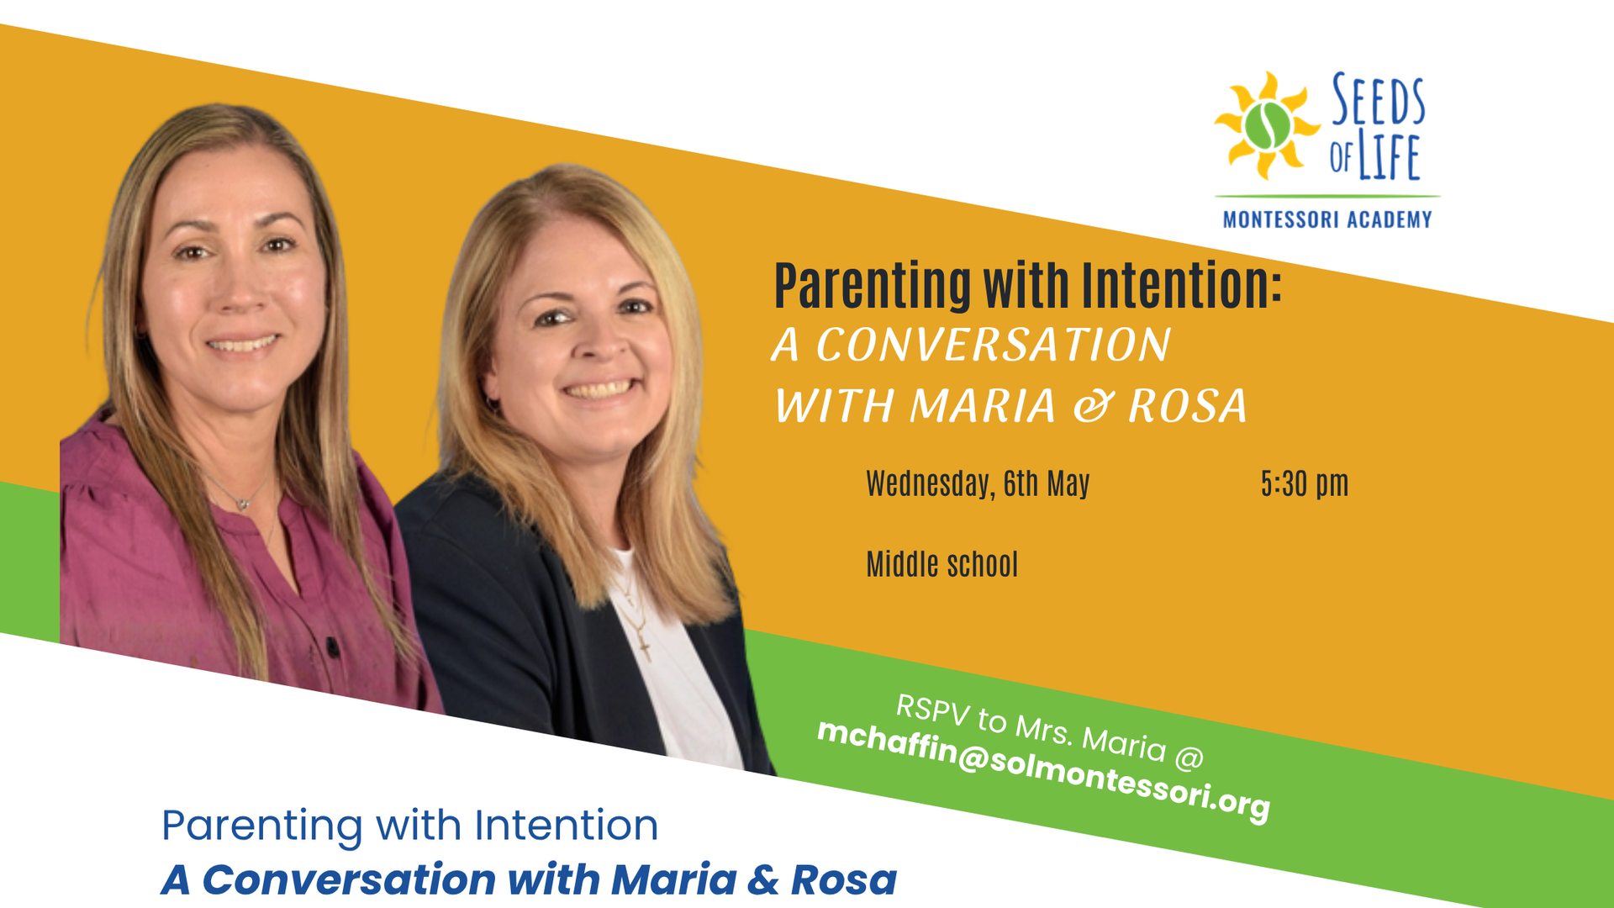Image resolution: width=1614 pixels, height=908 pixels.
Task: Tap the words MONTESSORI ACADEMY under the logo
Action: pos(1327,220)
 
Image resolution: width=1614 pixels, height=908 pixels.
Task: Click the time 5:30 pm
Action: pos(1304,484)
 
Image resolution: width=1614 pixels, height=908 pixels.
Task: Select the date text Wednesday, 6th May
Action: pos(978,484)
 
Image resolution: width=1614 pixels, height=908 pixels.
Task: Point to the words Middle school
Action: pos(941,565)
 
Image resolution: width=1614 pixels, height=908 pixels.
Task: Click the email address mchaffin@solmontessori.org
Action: pos(1043,769)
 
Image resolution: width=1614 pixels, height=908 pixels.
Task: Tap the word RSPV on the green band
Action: pos(932,709)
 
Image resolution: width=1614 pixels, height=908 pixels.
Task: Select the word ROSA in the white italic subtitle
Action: pos(1187,406)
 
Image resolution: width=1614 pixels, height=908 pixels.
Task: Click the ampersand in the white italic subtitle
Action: pos(1092,406)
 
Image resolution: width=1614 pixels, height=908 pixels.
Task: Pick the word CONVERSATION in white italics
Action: pos(993,345)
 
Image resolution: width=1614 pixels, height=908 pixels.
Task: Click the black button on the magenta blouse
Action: pos(333,647)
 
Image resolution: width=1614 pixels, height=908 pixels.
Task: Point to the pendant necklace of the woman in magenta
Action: pos(244,503)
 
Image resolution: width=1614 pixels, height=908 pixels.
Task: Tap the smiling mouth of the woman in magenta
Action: pos(242,344)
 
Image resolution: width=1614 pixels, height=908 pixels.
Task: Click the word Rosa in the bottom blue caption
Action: pos(843,880)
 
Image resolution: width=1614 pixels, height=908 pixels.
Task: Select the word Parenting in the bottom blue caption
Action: pos(261,826)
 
